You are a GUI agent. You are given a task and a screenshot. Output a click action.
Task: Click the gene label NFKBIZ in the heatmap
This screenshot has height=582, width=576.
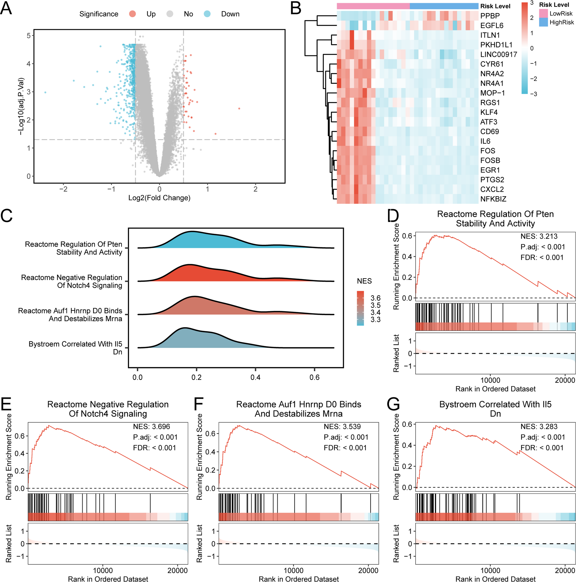click(x=493, y=199)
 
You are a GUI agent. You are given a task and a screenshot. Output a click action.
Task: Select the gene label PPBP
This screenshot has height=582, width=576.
click(x=490, y=16)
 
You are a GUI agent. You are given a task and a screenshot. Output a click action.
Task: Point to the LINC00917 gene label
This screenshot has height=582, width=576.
click(x=498, y=54)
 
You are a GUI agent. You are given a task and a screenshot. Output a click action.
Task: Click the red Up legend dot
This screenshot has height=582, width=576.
click(x=132, y=14)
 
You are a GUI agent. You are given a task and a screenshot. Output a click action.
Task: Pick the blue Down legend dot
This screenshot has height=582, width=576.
click(x=207, y=14)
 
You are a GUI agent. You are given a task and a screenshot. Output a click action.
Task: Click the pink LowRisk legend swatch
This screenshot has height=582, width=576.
click(x=543, y=13)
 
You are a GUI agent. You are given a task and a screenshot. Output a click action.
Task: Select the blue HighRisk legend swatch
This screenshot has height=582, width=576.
click(x=543, y=22)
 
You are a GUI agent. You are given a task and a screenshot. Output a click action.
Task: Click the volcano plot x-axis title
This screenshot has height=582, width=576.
click(x=159, y=198)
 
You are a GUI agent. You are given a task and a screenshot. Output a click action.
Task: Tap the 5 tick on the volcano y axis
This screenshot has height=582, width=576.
click(x=29, y=36)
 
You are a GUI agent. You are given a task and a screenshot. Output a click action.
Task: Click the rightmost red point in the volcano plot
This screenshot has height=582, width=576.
click(x=239, y=108)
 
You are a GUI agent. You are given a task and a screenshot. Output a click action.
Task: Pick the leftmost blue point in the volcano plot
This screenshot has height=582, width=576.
click(x=45, y=92)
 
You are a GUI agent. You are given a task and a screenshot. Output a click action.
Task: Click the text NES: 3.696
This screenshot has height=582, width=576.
click(x=151, y=427)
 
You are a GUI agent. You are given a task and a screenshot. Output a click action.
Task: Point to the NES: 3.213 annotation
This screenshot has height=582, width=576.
click(x=539, y=236)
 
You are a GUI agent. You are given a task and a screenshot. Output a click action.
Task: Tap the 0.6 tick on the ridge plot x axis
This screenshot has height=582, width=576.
click(x=314, y=377)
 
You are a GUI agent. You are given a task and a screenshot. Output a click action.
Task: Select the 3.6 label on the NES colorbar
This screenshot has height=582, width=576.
click(x=375, y=298)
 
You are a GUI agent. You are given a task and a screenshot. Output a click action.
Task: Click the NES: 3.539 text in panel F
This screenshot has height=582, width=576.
click(x=342, y=427)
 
